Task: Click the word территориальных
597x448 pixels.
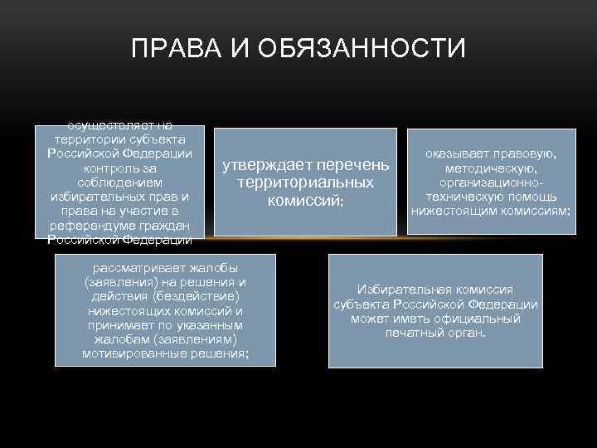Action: pos(304,182)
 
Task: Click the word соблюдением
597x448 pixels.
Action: pos(119,182)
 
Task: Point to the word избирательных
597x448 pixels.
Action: pos(100,197)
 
